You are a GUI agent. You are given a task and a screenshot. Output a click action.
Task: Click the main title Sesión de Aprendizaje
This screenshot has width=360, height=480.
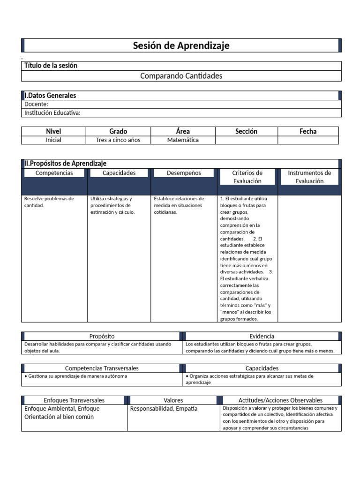[x=181, y=45]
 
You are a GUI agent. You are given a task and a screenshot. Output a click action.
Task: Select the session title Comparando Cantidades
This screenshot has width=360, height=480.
[x=181, y=75]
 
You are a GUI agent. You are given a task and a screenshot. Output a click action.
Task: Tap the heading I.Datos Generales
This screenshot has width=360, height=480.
[x=50, y=96]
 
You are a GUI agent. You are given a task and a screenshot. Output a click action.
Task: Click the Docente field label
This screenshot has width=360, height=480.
[x=36, y=104]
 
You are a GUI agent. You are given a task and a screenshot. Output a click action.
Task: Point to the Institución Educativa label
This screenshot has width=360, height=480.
[x=52, y=112]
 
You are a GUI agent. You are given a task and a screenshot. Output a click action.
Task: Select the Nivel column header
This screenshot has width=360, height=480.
[x=53, y=131]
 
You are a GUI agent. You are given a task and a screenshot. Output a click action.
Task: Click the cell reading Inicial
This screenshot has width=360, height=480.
[x=53, y=140]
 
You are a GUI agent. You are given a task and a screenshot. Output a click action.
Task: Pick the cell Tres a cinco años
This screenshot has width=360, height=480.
[x=118, y=140]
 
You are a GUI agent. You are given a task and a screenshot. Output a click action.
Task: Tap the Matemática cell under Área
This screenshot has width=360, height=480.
[x=183, y=140]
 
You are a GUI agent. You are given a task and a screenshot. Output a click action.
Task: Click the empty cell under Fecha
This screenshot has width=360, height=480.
[x=307, y=140]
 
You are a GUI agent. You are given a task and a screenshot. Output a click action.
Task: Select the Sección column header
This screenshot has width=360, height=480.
[x=246, y=131]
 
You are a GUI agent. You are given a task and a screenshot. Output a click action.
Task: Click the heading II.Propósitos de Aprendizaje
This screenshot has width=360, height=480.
[x=66, y=164]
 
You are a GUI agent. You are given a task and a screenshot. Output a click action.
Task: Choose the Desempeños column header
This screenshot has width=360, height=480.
[x=184, y=173]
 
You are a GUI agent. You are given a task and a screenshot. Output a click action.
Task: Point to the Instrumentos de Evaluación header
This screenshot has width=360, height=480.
[x=309, y=177]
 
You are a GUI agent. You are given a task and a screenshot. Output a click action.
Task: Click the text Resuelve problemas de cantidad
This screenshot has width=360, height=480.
[x=49, y=202]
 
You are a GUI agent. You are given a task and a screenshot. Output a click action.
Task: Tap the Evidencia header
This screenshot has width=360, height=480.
[x=262, y=336]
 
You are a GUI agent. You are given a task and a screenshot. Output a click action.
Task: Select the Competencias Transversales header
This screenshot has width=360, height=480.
[x=102, y=368]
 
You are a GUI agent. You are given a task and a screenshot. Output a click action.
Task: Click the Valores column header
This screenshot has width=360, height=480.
[x=173, y=400]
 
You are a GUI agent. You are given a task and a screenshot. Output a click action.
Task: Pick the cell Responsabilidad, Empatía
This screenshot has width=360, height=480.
[x=164, y=408]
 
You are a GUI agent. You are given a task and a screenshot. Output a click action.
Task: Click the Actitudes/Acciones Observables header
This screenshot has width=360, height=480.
[x=280, y=400]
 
